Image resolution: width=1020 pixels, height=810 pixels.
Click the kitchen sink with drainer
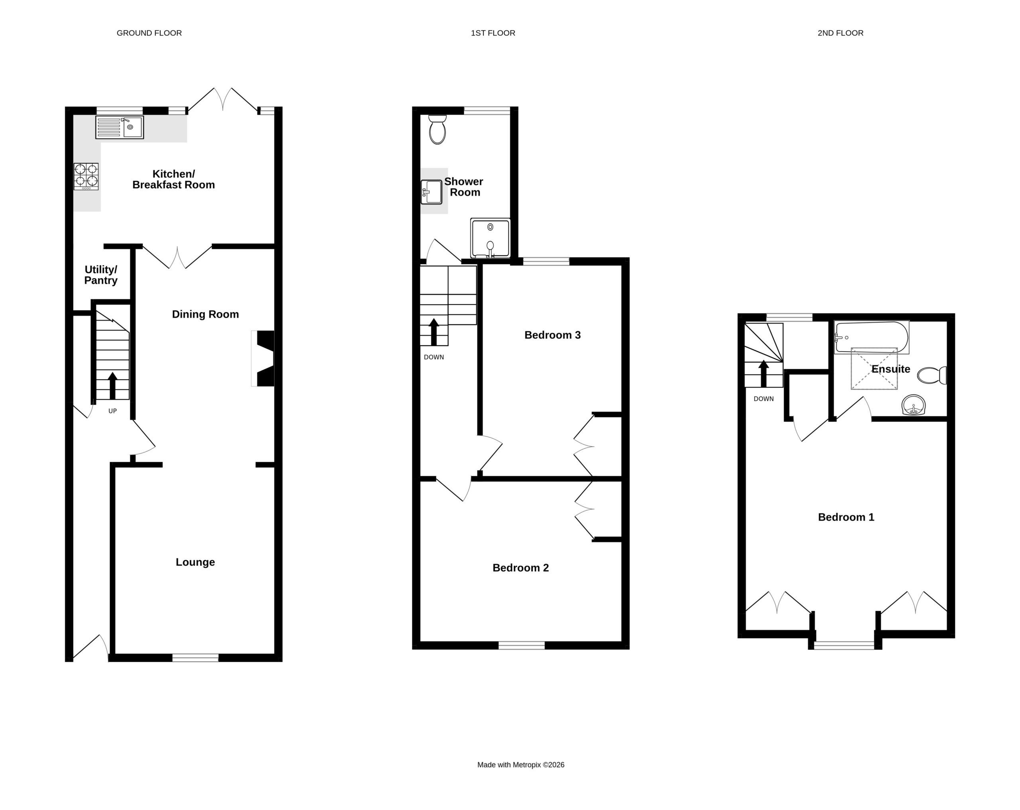(119, 127)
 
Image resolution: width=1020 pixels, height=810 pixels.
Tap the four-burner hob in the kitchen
(86, 177)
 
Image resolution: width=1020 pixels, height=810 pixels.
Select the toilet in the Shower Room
(437, 129)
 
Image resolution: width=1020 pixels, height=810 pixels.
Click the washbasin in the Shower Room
(431, 192)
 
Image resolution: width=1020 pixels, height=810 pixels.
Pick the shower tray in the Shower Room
(490, 238)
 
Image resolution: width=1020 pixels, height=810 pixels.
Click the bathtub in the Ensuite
(871, 337)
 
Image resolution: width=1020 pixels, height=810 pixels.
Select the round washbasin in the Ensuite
(914, 405)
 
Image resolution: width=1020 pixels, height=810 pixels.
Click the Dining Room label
(205, 314)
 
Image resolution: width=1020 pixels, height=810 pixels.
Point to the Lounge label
(195, 562)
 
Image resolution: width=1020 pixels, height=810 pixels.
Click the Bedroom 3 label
(553, 335)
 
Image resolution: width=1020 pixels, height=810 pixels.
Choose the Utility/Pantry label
(101, 275)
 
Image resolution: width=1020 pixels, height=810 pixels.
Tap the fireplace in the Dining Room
(263, 358)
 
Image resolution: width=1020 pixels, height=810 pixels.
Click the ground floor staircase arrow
(113, 386)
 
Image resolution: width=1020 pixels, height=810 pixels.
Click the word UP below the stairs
(113, 411)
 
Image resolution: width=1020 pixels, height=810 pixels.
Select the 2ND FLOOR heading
(841, 33)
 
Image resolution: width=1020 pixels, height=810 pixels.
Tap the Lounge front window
(195, 658)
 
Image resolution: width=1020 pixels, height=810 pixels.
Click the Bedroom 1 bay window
(844, 645)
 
